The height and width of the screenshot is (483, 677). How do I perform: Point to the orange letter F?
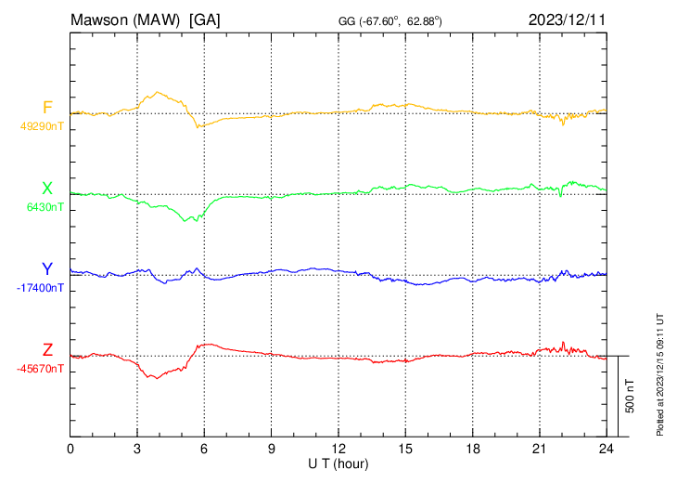(x=47, y=107)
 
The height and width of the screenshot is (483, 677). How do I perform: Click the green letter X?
(x=47, y=189)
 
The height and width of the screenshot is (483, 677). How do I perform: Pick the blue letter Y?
(x=47, y=269)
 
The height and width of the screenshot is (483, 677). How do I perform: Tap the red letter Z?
(x=47, y=350)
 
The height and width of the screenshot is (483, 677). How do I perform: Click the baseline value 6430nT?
(x=45, y=207)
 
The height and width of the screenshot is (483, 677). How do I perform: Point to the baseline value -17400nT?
(x=40, y=288)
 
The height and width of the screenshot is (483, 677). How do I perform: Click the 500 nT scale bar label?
(x=630, y=396)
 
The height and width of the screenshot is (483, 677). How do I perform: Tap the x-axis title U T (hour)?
(x=338, y=463)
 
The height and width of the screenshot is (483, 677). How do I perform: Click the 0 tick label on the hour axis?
(x=70, y=450)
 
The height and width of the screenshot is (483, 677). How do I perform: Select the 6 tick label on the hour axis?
(x=204, y=450)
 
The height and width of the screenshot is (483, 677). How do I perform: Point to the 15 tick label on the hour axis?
(x=405, y=450)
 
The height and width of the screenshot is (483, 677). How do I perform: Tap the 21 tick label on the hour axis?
(x=539, y=450)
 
